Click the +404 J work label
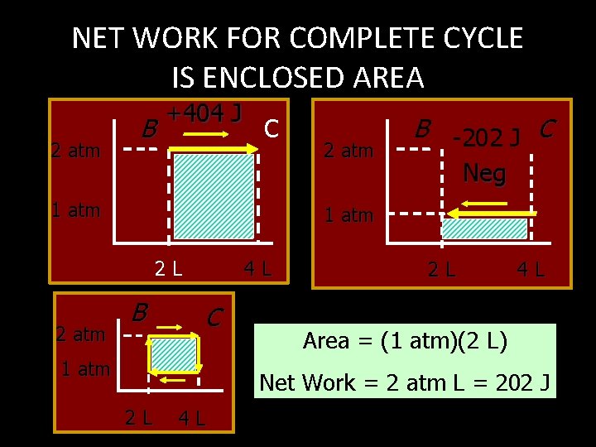pyautogui.click(x=204, y=113)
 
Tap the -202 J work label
pyautogui.click(x=486, y=137)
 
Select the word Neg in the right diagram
pyautogui.click(x=484, y=172)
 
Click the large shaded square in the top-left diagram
pyautogui.click(x=214, y=197)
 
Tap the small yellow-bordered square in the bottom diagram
pyautogui.click(x=173, y=354)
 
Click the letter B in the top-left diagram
pyautogui.click(x=148, y=130)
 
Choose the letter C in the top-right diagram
pyautogui.click(x=546, y=128)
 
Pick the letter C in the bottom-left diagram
pyautogui.click(x=214, y=316)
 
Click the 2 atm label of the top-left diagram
pyautogui.click(x=75, y=151)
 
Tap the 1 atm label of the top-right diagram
pyautogui.click(x=348, y=216)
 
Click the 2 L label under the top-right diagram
pyautogui.click(x=440, y=268)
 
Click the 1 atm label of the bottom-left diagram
pyautogui.click(x=85, y=369)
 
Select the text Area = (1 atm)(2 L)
pyautogui.click(x=405, y=340)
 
